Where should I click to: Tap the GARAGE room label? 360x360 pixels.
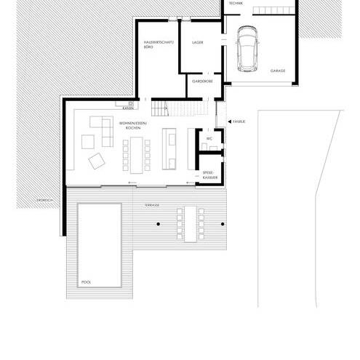(278, 71)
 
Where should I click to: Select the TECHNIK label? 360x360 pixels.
(236, 4)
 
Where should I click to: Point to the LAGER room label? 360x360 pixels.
(197, 44)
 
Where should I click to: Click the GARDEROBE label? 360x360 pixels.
(202, 81)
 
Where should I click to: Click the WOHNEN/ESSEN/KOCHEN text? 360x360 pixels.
(127, 127)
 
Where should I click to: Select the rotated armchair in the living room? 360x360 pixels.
(95, 160)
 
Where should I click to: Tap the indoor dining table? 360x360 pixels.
(138, 153)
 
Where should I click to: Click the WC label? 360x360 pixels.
(209, 137)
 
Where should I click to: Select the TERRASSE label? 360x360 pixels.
(152, 206)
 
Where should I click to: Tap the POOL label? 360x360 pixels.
(87, 281)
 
